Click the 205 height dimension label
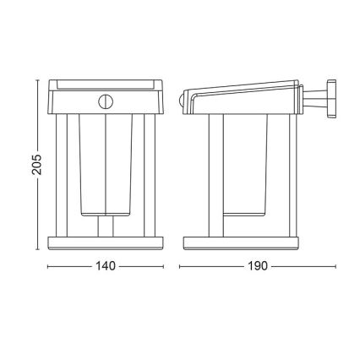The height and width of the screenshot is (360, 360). [x=37, y=165]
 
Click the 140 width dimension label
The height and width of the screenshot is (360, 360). [x=106, y=266]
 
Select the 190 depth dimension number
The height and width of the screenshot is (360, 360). [x=258, y=266]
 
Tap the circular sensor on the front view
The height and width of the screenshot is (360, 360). [x=106, y=101]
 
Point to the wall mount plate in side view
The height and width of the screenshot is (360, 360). [x=331, y=98]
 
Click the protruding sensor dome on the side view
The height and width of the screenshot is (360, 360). [x=181, y=100]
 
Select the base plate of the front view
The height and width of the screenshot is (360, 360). [x=106, y=243]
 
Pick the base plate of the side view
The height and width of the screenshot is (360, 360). [x=241, y=243]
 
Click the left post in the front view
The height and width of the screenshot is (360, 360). [x=62, y=176]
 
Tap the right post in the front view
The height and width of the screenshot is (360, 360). [x=150, y=176]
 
